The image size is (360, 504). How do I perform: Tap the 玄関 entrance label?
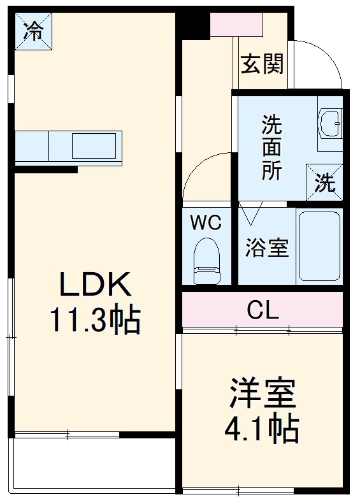click(262, 64)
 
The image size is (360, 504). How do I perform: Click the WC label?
click(206, 223)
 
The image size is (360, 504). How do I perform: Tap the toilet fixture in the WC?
click(206, 260)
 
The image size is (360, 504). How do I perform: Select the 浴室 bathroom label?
click(267, 248)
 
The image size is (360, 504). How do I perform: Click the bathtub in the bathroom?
click(320, 246)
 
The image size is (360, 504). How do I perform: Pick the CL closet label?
click(263, 310)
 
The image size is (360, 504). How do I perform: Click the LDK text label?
click(96, 285)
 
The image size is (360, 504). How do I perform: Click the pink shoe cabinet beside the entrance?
click(236, 24)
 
